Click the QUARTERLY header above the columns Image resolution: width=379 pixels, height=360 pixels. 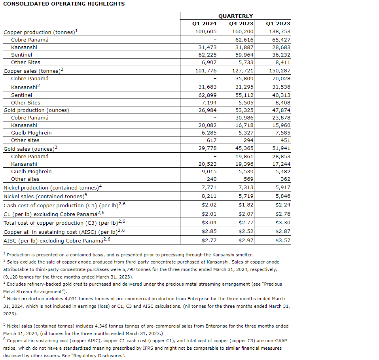[235, 16]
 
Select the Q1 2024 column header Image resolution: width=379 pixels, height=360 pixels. [205, 23]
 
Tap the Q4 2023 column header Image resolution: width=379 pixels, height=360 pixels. [241, 23]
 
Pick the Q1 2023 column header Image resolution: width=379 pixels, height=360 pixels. [278, 23]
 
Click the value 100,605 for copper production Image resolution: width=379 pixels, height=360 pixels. [206, 31]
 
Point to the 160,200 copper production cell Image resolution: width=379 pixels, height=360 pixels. [243, 31]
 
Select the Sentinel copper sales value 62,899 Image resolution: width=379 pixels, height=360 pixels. [207, 95]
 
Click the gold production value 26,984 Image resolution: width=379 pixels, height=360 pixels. [207, 110]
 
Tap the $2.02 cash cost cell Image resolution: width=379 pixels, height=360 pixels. [209, 205]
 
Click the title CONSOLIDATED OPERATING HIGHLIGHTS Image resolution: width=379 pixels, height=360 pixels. [64, 4]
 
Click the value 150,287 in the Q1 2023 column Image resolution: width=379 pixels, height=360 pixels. [280, 71]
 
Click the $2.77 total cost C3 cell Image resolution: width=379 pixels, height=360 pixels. [246, 223]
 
